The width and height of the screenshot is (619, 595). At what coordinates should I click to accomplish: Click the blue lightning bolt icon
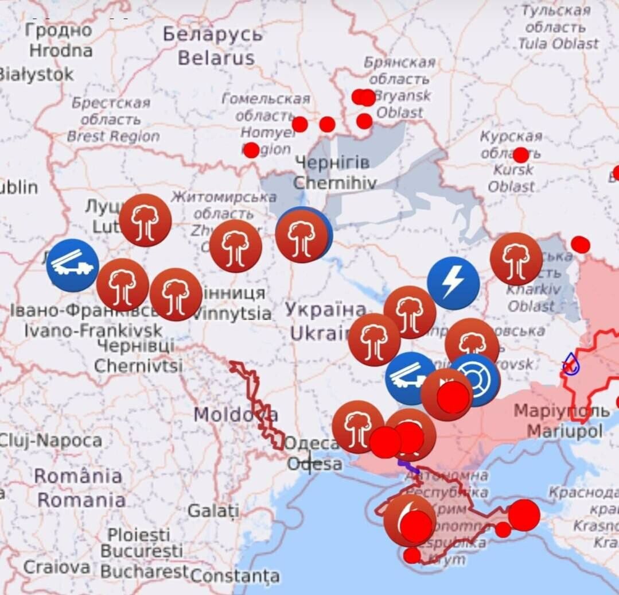(453, 283)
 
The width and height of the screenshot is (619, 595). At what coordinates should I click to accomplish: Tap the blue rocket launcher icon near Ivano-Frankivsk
(72, 265)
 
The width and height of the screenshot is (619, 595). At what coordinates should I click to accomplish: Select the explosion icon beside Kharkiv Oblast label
(516, 258)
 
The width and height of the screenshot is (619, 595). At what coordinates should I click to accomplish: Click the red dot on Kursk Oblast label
(521, 155)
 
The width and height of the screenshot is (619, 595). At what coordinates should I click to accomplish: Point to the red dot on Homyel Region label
(251, 150)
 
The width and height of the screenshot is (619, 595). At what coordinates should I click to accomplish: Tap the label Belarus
(216, 58)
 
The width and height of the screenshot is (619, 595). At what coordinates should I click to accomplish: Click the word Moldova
(235, 414)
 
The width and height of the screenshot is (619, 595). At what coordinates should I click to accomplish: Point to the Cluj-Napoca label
(50, 441)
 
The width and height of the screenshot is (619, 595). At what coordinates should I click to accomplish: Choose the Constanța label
(235, 575)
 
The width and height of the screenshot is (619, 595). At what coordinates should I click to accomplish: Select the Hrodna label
(61, 51)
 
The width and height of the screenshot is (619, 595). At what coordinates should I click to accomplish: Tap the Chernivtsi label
(138, 365)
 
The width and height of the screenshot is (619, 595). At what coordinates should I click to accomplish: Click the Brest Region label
(113, 136)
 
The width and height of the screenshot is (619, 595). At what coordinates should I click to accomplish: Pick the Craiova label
(56, 567)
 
